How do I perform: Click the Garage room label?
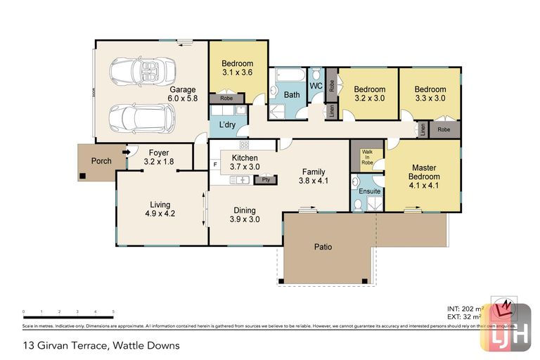pos(181,94)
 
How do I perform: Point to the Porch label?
pos(101,161)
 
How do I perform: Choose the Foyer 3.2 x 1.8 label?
pos(159,157)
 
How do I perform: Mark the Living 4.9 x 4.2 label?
pos(160,209)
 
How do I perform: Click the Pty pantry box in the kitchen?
pos(266,179)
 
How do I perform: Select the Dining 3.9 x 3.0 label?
pos(245,214)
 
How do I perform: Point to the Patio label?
pos(323,247)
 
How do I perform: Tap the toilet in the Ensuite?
pos(358,204)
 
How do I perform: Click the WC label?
pos(316,86)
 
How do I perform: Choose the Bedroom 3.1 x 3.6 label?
pos(238,68)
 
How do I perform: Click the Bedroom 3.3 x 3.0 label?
pos(430,94)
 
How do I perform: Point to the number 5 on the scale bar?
pos(113,311)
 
